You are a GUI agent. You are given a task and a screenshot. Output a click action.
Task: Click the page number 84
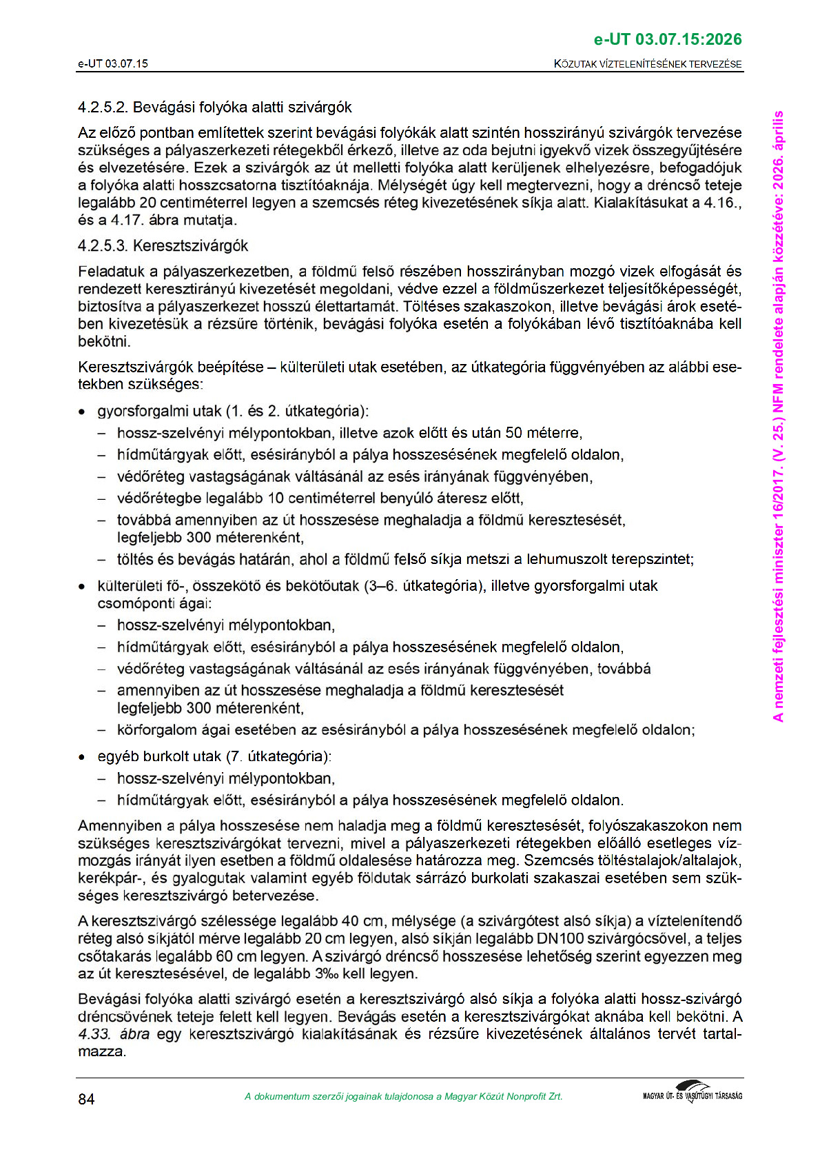tap(86, 1099)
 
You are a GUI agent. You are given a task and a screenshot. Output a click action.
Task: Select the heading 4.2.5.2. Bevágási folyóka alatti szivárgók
tap(215, 108)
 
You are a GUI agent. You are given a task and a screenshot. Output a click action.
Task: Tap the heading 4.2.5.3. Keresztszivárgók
tap(163, 246)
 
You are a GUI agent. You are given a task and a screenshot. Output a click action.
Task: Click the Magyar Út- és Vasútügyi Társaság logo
tap(692, 1093)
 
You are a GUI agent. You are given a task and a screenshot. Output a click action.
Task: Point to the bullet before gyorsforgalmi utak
tap(82, 412)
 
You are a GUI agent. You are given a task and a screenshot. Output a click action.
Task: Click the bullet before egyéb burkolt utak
tap(82, 757)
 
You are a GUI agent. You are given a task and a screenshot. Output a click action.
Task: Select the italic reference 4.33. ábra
tap(114, 1034)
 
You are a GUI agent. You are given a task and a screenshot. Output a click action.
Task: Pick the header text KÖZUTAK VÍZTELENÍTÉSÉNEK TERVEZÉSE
tap(648, 64)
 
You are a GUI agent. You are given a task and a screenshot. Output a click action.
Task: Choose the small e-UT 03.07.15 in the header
tap(113, 64)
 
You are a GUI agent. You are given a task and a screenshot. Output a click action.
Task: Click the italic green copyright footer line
tap(403, 1097)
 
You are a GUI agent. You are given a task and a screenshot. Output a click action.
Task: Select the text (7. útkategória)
tap(278, 756)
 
